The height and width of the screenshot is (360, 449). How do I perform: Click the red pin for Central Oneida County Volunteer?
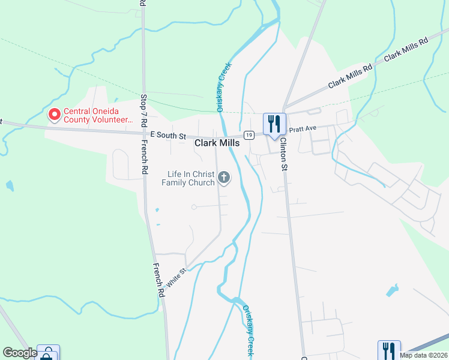pyautogui.click(x=54, y=113)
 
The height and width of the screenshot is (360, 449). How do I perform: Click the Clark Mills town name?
pyautogui.click(x=217, y=143)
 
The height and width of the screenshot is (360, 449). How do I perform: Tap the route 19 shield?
pyautogui.click(x=247, y=136)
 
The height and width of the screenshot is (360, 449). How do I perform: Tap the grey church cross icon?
pyautogui.click(x=224, y=176)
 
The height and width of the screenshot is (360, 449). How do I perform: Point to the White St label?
pyautogui.click(x=178, y=278)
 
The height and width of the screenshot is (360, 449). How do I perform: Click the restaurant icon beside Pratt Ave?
pyautogui.click(x=274, y=124)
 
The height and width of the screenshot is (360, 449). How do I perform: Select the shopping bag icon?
pyautogui.click(x=48, y=354)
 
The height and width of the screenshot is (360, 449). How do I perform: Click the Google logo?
pyautogui.click(x=19, y=353)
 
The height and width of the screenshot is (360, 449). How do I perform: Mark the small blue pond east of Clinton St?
pyautogui.click(x=393, y=291)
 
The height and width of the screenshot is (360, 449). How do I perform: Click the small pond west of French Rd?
pyautogui.click(x=8, y=185)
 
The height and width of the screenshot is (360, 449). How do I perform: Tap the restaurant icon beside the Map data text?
pyautogui.click(x=388, y=350)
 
